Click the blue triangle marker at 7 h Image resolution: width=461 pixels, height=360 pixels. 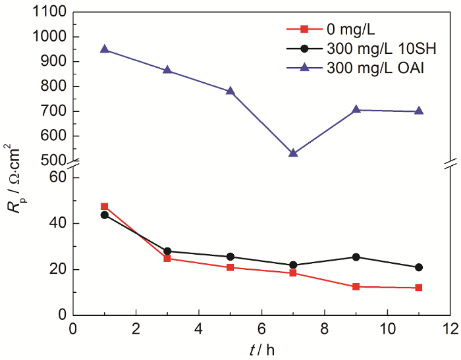(x=293, y=153)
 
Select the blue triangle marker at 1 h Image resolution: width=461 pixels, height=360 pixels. (x=104, y=49)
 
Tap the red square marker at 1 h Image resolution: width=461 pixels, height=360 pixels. (x=104, y=207)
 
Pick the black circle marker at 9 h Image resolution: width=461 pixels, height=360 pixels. (x=356, y=257)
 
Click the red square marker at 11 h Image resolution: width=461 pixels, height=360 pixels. (x=419, y=288)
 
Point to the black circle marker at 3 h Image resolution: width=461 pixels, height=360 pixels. (x=167, y=251)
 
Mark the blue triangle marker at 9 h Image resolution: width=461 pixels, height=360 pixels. (x=356, y=109)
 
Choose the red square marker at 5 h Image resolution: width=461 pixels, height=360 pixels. (x=230, y=267)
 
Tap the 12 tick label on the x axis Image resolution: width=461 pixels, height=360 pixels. (x=450, y=328)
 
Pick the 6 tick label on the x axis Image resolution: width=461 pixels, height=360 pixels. (x=261, y=328)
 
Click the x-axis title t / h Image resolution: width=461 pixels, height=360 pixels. (x=261, y=349)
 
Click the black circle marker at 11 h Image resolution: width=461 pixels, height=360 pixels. (x=419, y=267)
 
